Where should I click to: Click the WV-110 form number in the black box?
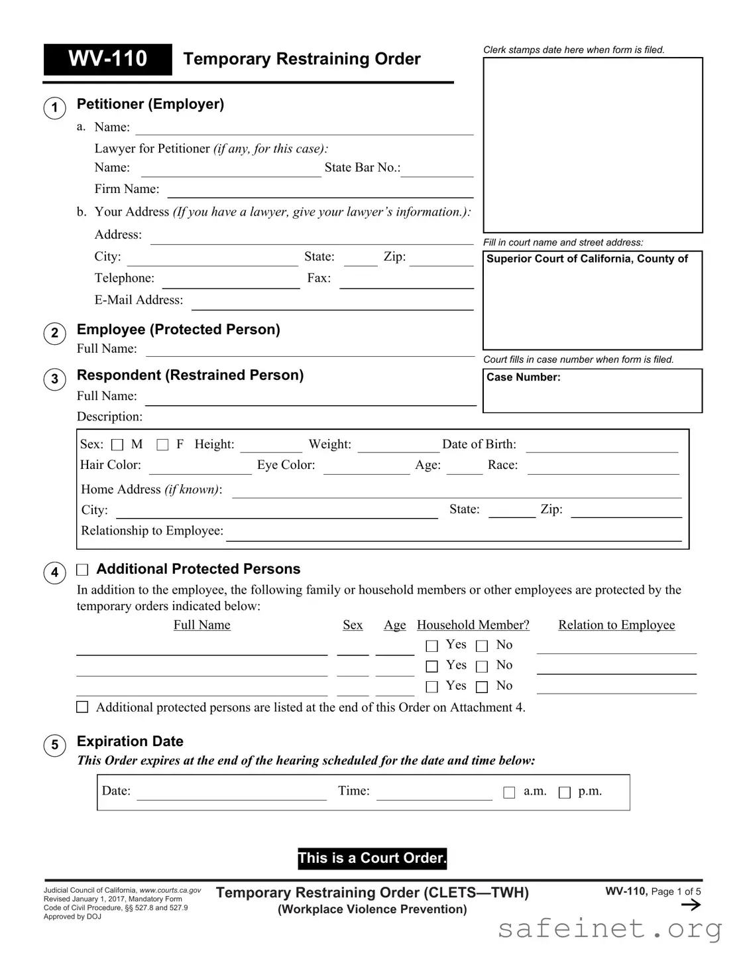(x=107, y=59)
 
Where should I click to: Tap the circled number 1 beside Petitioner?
(x=54, y=108)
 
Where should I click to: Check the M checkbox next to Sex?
(x=117, y=445)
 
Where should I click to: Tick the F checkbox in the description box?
(x=162, y=445)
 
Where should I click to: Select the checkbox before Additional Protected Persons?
(x=82, y=570)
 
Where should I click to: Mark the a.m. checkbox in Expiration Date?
(x=509, y=793)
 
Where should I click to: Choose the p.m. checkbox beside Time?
(x=565, y=793)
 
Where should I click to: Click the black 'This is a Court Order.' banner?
(x=372, y=858)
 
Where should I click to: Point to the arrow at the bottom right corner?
(x=691, y=905)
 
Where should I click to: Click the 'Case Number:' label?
(x=523, y=377)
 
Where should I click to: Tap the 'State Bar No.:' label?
(x=362, y=168)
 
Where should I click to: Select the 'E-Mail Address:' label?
(x=139, y=300)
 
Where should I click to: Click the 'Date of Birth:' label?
(x=479, y=444)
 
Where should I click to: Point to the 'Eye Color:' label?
(x=286, y=465)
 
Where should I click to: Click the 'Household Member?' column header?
(x=473, y=625)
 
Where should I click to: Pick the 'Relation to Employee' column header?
(x=616, y=625)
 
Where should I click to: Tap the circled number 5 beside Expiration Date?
(x=54, y=745)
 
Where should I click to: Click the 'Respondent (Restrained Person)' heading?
(x=190, y=375)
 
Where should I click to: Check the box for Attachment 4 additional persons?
(x=82, y=707)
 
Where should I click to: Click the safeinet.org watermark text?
(x=610, y=929)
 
